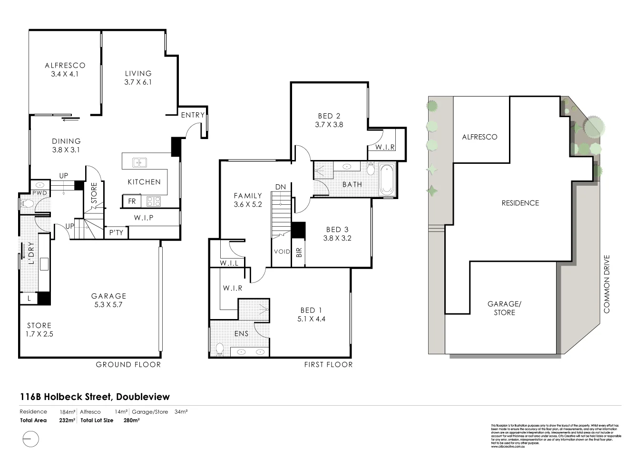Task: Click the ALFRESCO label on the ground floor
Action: [x=65, y=65]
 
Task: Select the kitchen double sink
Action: [x=139, y=162]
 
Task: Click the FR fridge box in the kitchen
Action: [x=132, y=201]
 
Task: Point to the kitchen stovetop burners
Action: [x=154, y=201]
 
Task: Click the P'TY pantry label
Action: [x=116, y=232]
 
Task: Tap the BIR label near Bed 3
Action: [x=299, y=252]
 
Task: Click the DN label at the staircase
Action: [x=280, y=187]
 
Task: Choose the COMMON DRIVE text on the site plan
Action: [x=606, y=284]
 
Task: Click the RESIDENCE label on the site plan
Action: [x=520, y=203]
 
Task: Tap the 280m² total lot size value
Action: [x=131, y=420]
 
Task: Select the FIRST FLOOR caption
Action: [x=328, y=365]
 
